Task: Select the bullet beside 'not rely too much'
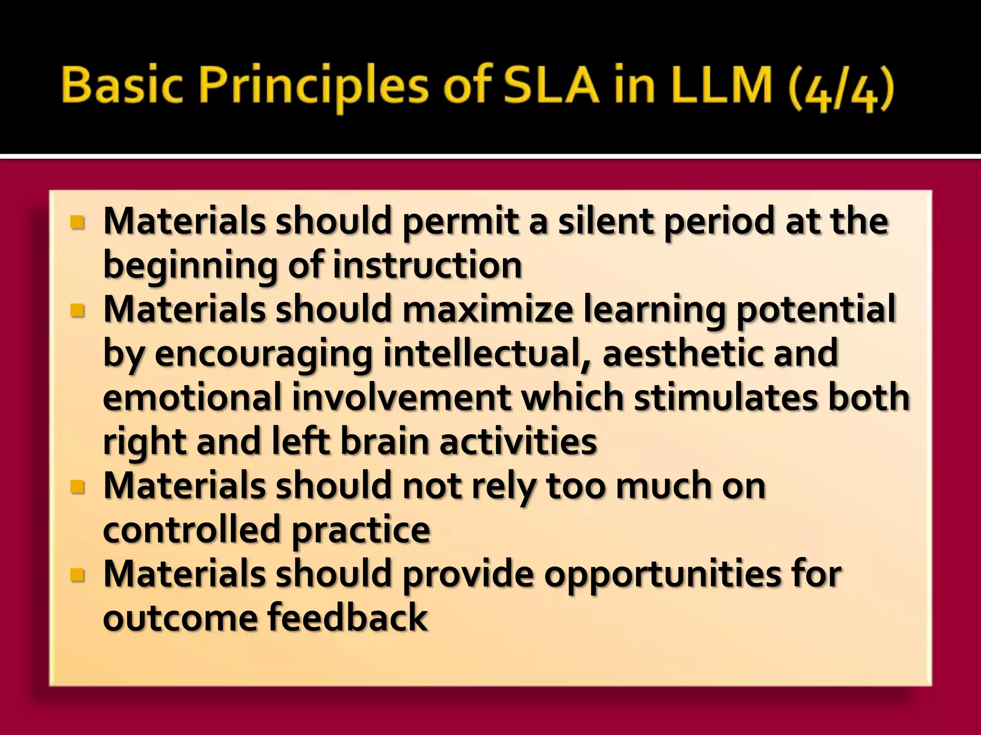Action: [x=77, y=487]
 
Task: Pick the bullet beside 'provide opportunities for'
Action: [x=77, y=575]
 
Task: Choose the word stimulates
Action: [x=726, y=397]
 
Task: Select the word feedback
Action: [x=347, y=618]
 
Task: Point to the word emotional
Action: [x=192, y=397]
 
